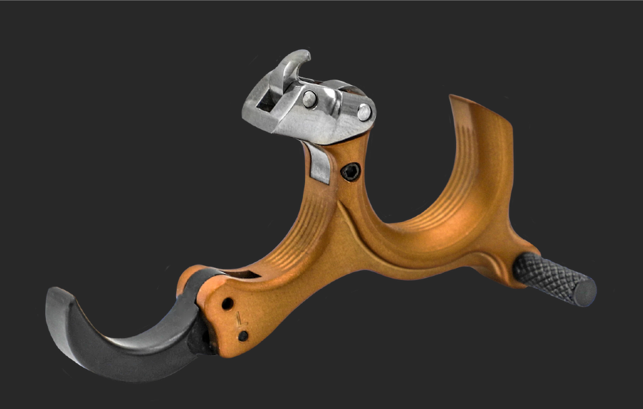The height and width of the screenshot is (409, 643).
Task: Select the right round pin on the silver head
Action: coord(364,111)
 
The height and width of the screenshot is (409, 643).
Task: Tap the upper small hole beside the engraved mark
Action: coord(227,303)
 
